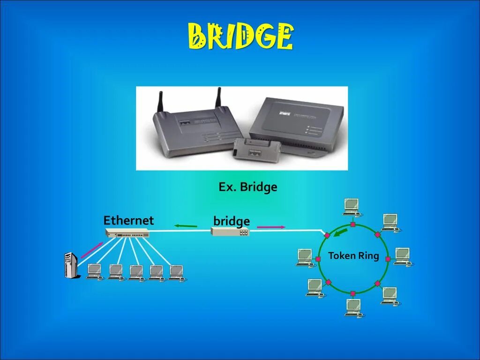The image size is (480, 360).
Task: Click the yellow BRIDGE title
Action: (x=241, y=37)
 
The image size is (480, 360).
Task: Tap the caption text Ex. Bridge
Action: (x=247, y=187)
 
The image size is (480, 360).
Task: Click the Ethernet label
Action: (x=128, y=220)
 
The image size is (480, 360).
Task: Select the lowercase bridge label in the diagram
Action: (x=231, y=221)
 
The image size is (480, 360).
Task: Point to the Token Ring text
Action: (x=353, y=256)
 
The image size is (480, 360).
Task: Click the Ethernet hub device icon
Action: (x=127, y=233)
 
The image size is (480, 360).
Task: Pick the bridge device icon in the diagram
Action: (x=230, y=232)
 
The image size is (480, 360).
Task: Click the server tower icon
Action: (x=70, y=265)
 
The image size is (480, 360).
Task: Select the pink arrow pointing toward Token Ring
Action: (x=271, y=227)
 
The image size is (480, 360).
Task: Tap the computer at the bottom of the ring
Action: (x=353, y=307)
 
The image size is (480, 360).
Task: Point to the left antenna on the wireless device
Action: (x=160, y=103)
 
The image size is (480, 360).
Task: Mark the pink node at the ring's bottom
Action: (x=353, y=293)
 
